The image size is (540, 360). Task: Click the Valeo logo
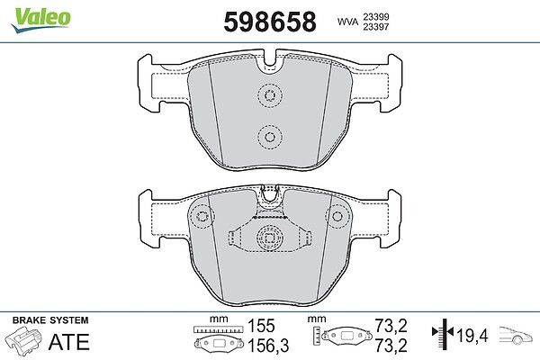point(40,20)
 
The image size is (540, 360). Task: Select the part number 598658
point(270,22)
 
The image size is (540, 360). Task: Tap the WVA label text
point(347,22)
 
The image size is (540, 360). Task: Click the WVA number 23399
point(375,16)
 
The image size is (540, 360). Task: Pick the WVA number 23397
point(375,27)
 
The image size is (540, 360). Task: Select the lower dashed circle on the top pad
point(270,137)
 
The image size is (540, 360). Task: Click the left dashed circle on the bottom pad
point(202,216)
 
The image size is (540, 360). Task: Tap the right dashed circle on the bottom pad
point(337,216)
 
